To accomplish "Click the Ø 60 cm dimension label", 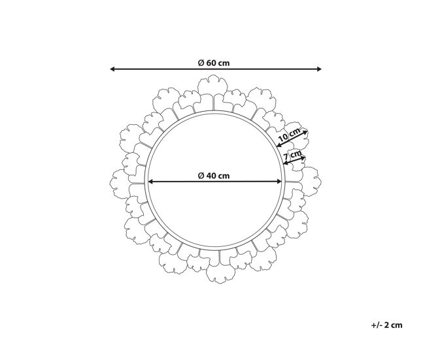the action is tap(214, 63).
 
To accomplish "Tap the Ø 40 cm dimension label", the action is tap(214, 176).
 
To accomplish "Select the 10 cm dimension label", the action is tap(290, 135).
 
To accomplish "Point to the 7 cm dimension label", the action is tap(292, 155).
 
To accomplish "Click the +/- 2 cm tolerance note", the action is tap(387, 325).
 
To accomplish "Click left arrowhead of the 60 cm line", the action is tap(112, 69).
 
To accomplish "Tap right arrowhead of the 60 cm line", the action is tap(319, 69).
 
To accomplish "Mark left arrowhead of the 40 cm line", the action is tap(151, 182).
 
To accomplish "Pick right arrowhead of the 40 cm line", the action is tap(279, 182).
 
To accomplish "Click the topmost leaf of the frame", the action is tap(212, 86).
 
